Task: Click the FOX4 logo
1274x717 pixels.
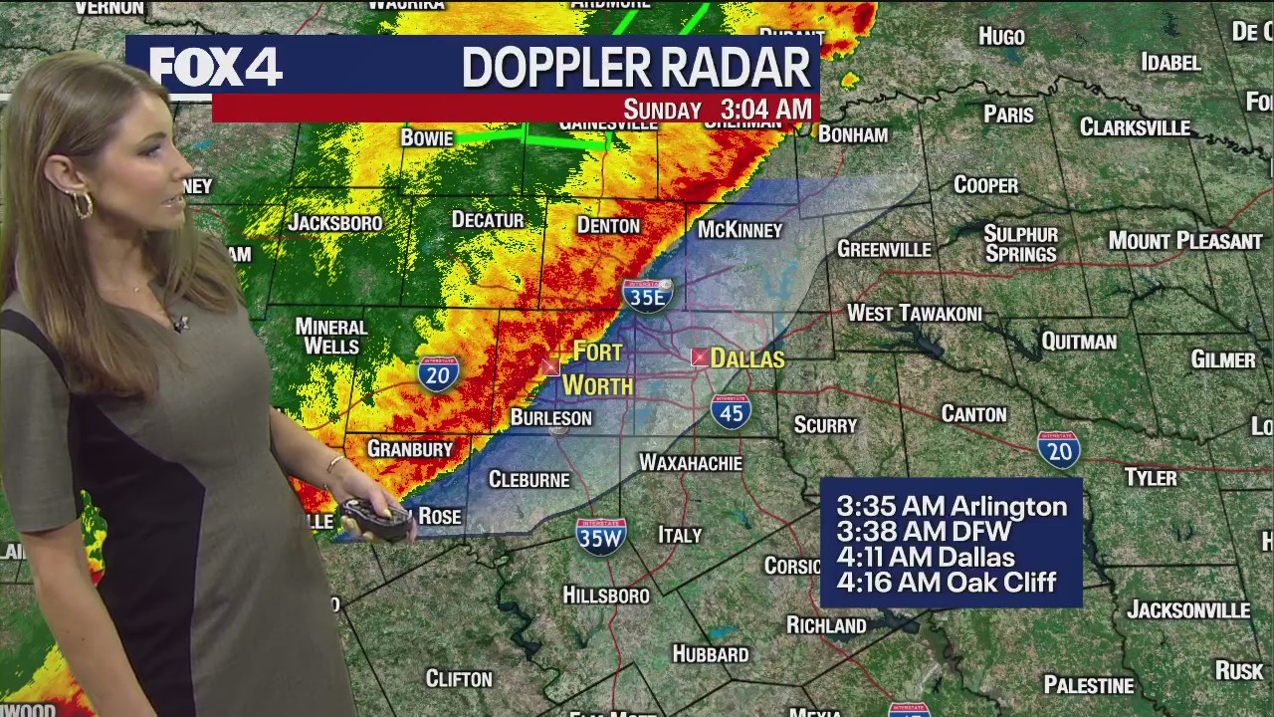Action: (x=216, y=67)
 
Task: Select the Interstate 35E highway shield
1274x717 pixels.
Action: (x=648, y=295)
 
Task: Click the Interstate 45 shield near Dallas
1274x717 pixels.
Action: (x=731, y=411)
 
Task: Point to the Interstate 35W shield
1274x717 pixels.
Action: (x=600, y=535)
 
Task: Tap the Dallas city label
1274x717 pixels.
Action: (x=746, y=358)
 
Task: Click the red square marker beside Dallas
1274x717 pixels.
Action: (x=700, y=358)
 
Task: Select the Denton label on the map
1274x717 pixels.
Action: (x=608, y=226)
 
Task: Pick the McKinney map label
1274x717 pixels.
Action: (x=740, y=230)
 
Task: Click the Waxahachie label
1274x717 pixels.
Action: (x=690, y=463)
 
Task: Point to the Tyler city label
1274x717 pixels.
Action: (x=1151, y=478)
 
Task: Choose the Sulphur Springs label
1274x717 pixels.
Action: (x=1020, y=244)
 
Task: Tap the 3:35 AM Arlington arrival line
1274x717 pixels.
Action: (x=951, y=506)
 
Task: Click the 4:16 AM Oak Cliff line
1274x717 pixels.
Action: (x=946, y=583)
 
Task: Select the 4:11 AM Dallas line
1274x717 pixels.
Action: (x=925, y=558)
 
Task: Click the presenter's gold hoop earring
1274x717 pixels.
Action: (x=81, y=205)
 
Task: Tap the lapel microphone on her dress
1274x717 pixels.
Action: (x=180, y=324)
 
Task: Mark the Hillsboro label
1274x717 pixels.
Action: (x=606, y=596)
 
